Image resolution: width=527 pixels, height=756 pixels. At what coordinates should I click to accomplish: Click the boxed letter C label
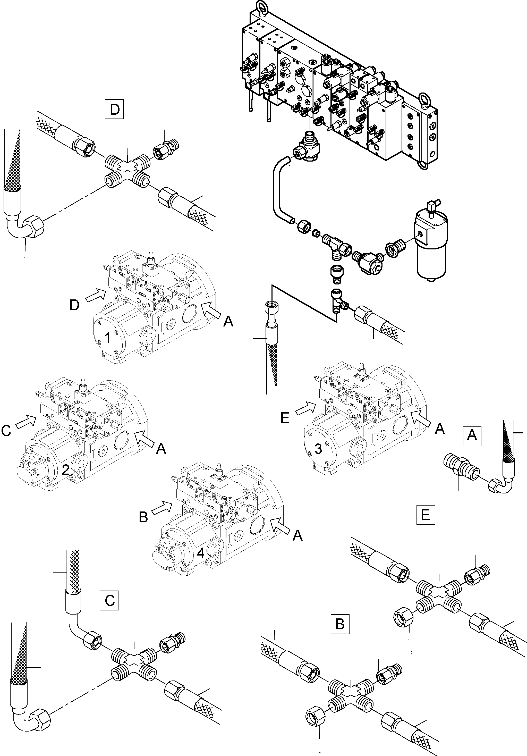coord(109,600)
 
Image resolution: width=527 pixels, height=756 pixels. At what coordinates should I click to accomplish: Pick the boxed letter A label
coord(472,436)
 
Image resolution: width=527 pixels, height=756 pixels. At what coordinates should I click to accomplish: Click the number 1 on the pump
coord(108,338)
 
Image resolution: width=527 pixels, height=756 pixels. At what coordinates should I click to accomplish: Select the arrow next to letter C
coord(26,423)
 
